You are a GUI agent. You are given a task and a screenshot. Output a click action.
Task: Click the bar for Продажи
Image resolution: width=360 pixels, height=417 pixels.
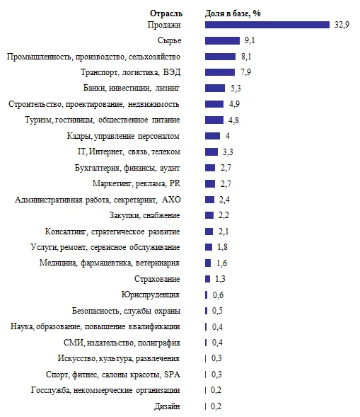[267, 24]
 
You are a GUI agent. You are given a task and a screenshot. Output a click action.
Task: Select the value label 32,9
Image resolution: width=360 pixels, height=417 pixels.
[341, 24]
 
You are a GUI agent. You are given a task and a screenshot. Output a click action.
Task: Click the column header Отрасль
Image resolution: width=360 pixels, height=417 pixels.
[166, 13]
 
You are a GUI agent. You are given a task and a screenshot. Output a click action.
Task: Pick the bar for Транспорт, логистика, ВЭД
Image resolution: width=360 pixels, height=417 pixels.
[219, 72]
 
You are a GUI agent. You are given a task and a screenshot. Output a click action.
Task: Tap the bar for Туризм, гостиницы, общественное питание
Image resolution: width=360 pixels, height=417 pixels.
[214, 120]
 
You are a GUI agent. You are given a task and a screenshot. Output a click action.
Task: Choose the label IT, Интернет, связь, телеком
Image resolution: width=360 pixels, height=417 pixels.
[129, 152]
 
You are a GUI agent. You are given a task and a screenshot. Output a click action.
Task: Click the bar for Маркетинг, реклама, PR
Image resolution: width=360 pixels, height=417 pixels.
[209, 183]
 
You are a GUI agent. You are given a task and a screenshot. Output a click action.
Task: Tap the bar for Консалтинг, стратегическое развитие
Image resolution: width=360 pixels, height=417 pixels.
[209, 231]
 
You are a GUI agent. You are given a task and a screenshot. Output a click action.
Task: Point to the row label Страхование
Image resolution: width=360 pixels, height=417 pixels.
[158, 279]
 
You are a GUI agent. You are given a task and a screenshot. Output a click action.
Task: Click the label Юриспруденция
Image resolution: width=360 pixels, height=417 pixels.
[151, 295]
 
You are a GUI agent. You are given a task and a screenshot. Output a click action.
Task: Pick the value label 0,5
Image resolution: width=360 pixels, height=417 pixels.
[217, 311]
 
